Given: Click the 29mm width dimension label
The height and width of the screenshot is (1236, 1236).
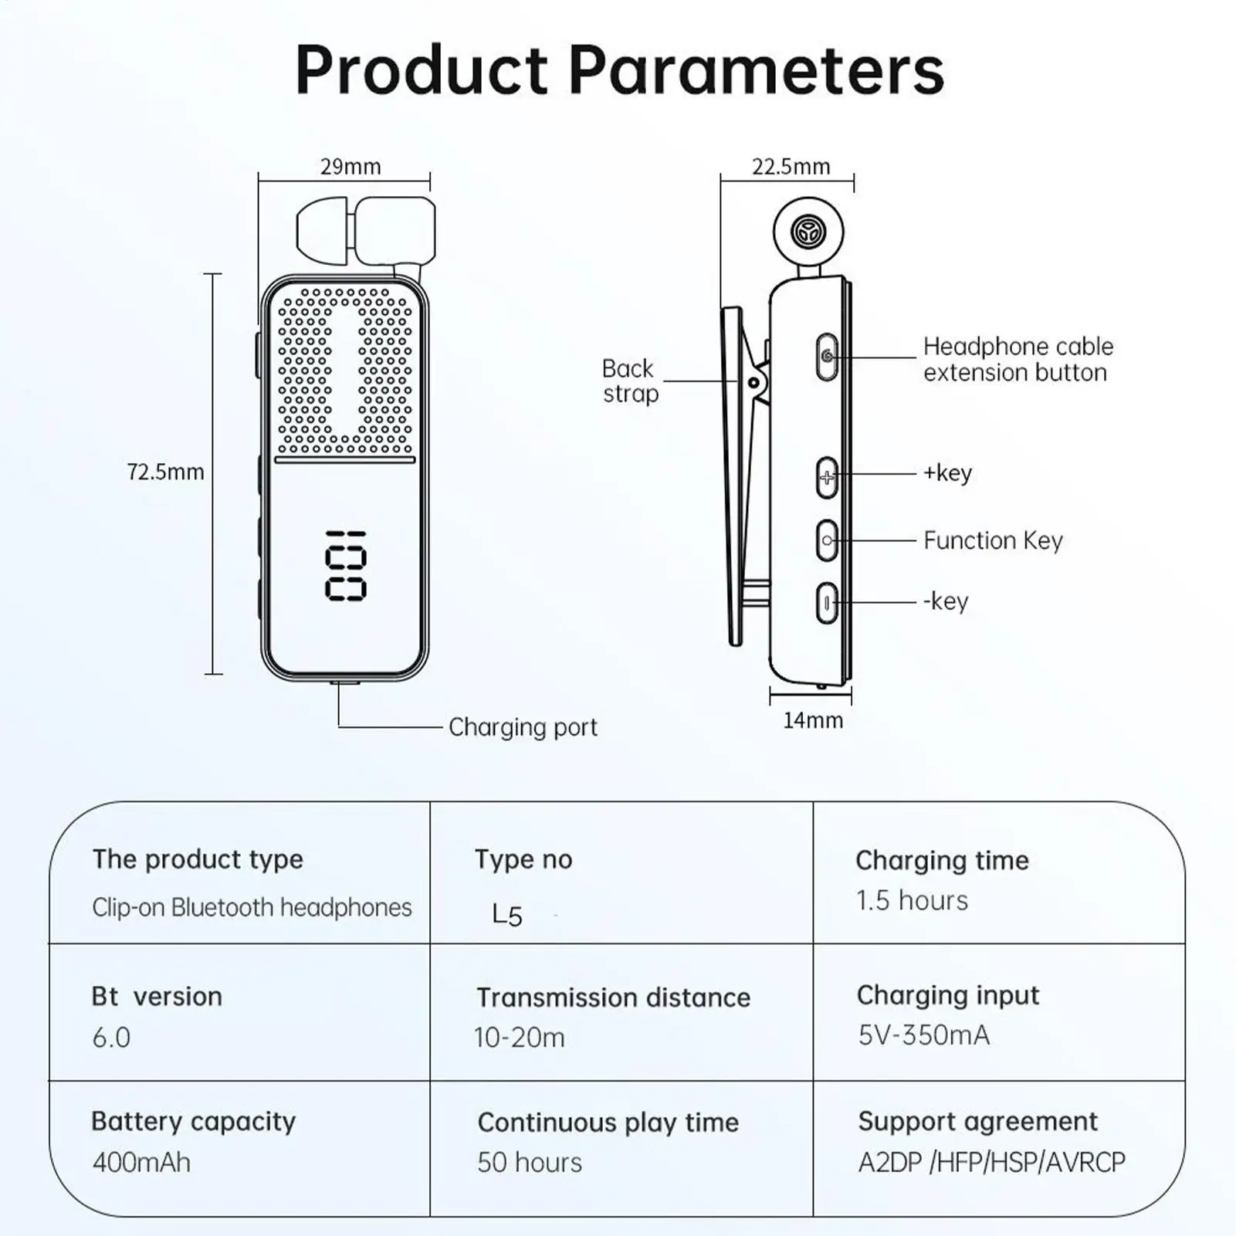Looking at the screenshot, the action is [x=350, y=167].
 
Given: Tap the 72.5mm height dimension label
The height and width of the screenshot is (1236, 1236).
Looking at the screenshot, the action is [x=165, y=472].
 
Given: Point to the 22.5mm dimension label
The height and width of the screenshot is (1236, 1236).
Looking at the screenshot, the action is [x=791, y=167].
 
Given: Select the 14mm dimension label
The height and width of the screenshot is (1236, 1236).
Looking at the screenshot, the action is [x=812, y=720].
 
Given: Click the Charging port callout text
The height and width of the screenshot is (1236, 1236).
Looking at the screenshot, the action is [x=523, y=727].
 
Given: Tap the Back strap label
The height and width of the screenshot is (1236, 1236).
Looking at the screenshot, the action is [x=630, y=381].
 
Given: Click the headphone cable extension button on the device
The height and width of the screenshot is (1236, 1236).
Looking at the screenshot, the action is [x=827, y=357].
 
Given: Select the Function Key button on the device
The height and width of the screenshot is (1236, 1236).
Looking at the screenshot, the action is [x=827, y=540].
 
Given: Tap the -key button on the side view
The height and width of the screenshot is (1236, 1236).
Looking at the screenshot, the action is [x=827, y=602].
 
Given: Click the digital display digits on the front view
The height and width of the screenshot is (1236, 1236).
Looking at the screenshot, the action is [x=345, y=566].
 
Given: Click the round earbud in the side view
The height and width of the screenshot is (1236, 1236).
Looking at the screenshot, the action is [x=808, y=231].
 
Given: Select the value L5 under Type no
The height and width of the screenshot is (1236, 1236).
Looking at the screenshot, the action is [x=507, y=915].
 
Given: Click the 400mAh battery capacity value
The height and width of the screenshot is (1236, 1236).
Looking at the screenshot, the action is [x=141, y=1162].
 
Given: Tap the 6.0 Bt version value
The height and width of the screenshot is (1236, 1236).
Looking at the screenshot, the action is [x=111, y=1038].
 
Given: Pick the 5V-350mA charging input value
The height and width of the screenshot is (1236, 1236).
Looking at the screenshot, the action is [x=923, y=1035].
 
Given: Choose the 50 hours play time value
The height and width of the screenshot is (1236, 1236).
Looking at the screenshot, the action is [x=530, y=1162].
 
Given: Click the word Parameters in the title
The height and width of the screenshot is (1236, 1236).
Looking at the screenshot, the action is [x=757, y=71].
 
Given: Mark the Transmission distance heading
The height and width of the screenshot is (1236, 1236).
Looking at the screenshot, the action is [x=613, y=997].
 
